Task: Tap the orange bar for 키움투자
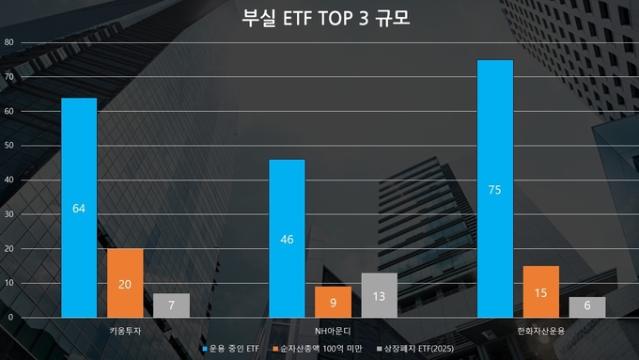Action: point(125,282)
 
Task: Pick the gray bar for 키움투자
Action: point(171,305)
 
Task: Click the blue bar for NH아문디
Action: point(287,238)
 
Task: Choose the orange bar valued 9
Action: point(333,302)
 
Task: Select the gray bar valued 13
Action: point(379,294)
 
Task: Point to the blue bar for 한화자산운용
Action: point(495,188)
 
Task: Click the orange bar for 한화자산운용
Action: point(541,291)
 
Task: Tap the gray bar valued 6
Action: point(587,306)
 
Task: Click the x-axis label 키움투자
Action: point(125,331)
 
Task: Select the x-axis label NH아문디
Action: point(333,331)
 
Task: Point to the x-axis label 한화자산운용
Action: point(541,331)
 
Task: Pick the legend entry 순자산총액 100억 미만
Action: point(320,349)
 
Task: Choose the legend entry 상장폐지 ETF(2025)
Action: point(417,349)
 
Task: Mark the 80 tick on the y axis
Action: point(8,43)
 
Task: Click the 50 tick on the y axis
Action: point(8,147)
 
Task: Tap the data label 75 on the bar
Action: point(495,189)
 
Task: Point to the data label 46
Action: point(287,239)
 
